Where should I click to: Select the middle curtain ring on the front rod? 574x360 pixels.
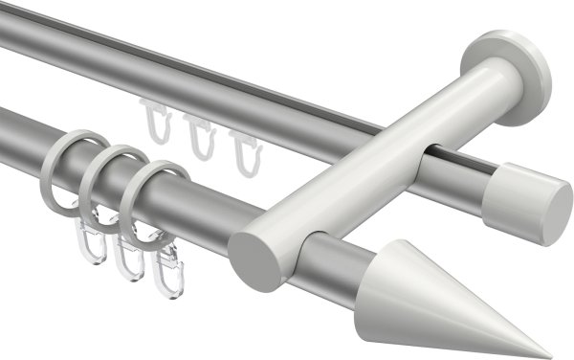pos(110,178)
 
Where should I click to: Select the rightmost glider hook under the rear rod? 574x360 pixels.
pos(241,149)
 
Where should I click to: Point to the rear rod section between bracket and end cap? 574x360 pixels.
pos(464,173)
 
